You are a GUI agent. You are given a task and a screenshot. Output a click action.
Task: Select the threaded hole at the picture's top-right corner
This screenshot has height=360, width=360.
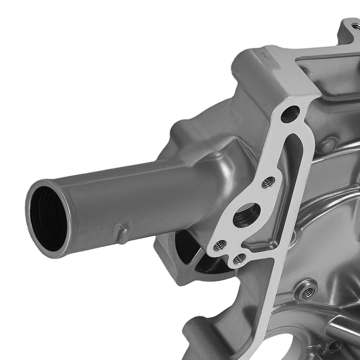coord(355,26)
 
